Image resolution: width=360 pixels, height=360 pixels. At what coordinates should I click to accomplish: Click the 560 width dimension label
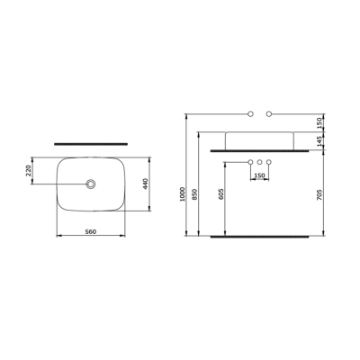(90, 231)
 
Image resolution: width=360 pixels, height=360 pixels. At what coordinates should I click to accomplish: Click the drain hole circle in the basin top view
(90, 184)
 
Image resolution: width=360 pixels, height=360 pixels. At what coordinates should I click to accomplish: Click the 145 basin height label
(319, 140)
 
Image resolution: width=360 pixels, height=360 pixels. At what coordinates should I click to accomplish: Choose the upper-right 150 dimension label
(319, 121)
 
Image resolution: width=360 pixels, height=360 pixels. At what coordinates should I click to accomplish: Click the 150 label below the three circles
(259, 175)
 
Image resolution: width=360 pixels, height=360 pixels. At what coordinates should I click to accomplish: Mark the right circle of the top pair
(269, 114)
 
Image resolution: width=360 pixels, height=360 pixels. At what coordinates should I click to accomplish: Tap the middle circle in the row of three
(259, 162)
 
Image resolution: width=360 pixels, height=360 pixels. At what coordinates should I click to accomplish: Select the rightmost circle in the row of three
(269, 162)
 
